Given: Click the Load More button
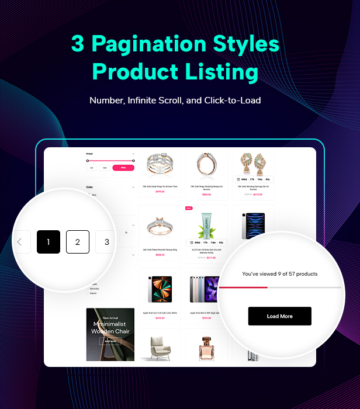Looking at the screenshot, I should pos(279,316).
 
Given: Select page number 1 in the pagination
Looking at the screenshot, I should pos(49,241).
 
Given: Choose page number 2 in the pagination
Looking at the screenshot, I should pos(78,241).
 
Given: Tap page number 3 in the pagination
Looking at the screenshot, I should pos(106,241).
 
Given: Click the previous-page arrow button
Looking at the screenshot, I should pos(20,241).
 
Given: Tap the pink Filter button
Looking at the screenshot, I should pos(123,168).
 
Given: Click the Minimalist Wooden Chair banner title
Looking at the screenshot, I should pos(110,328).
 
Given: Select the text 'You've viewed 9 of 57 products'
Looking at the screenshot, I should pos(280,273).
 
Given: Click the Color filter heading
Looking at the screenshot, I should pos(89,188).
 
